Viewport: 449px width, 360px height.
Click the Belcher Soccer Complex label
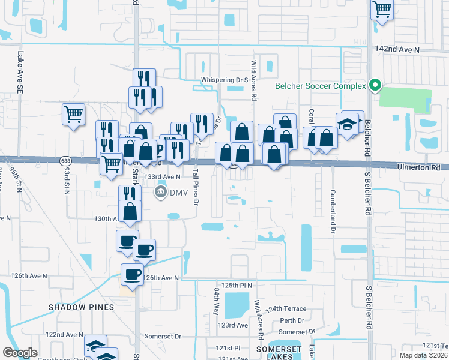[x=320, y=86]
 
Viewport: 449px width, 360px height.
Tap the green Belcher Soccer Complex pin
[x=376, y=85]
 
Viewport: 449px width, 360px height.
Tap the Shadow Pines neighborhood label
[x=81, y=307]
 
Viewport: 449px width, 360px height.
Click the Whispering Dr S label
[x=225, y=79]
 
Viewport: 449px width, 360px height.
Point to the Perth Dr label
[x=292, y=320]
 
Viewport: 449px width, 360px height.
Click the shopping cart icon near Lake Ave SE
[x=73, y=113]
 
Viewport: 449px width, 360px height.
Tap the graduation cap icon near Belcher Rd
[x=348, y=124]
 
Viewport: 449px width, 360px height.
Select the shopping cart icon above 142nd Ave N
[x=382, y=9]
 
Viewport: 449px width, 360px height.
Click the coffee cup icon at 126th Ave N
[x=132, y=274]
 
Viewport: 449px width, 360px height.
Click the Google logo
[x=20, y=353]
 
